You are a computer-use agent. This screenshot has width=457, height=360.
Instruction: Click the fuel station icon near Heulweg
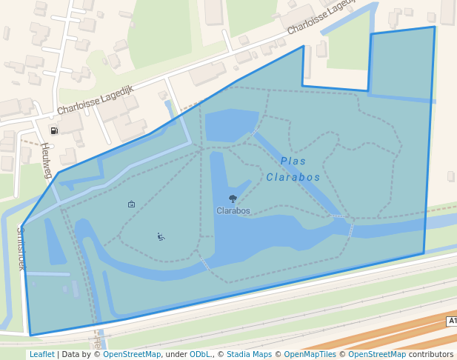54,130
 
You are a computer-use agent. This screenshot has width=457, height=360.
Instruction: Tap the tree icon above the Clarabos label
233,199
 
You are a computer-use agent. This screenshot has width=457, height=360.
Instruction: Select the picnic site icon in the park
131,204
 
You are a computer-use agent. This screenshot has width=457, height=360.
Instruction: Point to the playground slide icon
161,237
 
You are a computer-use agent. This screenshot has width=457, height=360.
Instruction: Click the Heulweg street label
47,161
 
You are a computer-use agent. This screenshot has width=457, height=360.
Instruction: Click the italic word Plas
293,161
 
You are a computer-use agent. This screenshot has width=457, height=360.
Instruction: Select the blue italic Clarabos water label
293,177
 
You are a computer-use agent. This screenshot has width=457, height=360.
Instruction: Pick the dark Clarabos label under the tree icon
233,210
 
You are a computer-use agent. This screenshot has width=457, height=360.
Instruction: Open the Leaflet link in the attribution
41,354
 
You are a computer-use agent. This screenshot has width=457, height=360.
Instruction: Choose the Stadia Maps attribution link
249,354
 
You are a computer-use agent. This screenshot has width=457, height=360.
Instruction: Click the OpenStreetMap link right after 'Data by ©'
132,354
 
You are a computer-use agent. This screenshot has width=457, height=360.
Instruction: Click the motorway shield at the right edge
452,321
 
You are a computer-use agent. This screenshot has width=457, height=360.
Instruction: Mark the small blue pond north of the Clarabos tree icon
231,124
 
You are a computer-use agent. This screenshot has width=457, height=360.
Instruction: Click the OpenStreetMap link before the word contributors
377,354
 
